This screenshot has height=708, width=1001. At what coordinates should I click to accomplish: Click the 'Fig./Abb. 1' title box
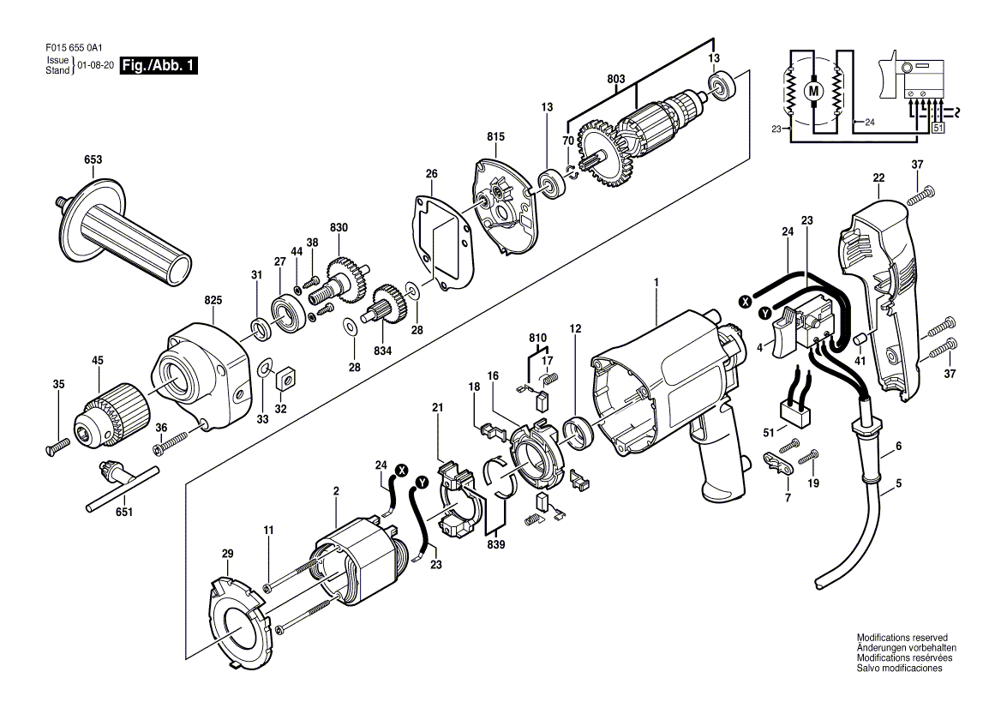(x=159, y=65)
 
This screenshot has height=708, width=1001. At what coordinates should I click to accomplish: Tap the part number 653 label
(x=93, y=159)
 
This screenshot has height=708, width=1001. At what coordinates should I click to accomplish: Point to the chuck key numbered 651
(x=122, y=487)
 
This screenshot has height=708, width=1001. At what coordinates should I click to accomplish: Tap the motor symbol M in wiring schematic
(x=813, y=91)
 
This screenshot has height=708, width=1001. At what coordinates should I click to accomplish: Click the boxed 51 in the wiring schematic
(x=938, y=128)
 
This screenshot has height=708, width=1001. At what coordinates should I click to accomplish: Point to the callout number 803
(x=616, y=80)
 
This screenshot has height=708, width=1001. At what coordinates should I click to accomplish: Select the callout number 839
(x=496, y=544)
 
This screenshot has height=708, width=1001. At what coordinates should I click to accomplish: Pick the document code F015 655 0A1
(x=75, y=46)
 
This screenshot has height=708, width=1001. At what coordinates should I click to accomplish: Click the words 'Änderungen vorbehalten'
(x=906, y=648)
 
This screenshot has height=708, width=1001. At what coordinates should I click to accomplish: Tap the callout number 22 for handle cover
(x=879, y=177)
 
